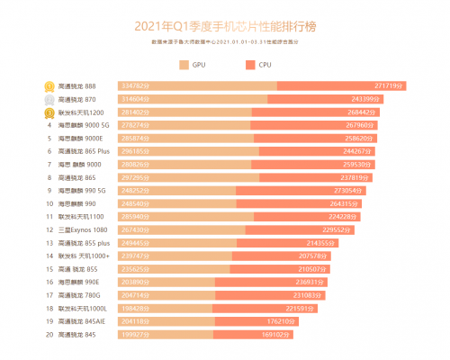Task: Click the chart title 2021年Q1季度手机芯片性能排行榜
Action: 224,27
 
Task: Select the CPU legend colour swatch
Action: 250,65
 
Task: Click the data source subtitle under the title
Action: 225,42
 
